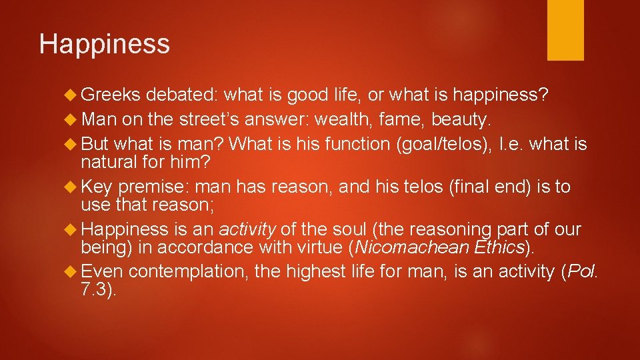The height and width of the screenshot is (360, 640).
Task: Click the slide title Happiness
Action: [x=105, y=45]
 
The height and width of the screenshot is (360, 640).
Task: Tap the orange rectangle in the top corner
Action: [x=565, y=29]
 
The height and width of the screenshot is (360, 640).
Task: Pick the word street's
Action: [x=211, y=120]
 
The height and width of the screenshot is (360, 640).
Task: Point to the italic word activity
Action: [x=247, y=230]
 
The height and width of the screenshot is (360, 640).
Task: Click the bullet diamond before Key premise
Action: [x=73, y=187]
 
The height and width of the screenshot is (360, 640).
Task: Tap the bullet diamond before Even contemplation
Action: [x=73, y=273]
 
